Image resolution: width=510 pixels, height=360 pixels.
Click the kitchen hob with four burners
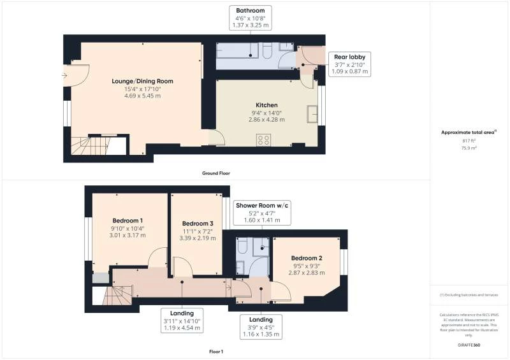click(x=263, y=140)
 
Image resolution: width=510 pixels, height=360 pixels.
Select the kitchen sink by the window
click(x=312, y=114)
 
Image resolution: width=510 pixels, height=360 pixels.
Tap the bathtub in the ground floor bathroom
click(x=239, y=52)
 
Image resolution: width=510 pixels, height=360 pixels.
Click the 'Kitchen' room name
click(x=266, y=105)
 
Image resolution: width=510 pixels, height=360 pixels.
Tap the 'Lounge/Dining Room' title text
click(x=143, y=81)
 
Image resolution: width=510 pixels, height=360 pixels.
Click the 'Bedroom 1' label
click(x=127, y=220)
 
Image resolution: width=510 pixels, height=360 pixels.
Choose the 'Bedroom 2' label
click(x=307, y=257)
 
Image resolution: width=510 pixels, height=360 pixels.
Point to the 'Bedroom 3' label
click(x=197, y=223)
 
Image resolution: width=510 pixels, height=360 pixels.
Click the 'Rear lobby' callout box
click(x=349, y=64)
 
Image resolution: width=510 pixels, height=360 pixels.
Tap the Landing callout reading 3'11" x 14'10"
click(x=182, y=320)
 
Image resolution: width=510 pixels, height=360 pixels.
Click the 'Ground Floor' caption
click(x=215, y=173)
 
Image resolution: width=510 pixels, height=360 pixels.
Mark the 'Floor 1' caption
click(x=215, y=351)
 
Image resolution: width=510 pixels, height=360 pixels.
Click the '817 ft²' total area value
click(x=469, y=141)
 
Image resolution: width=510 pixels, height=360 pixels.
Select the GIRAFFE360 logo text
click(x=469, y=345)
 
